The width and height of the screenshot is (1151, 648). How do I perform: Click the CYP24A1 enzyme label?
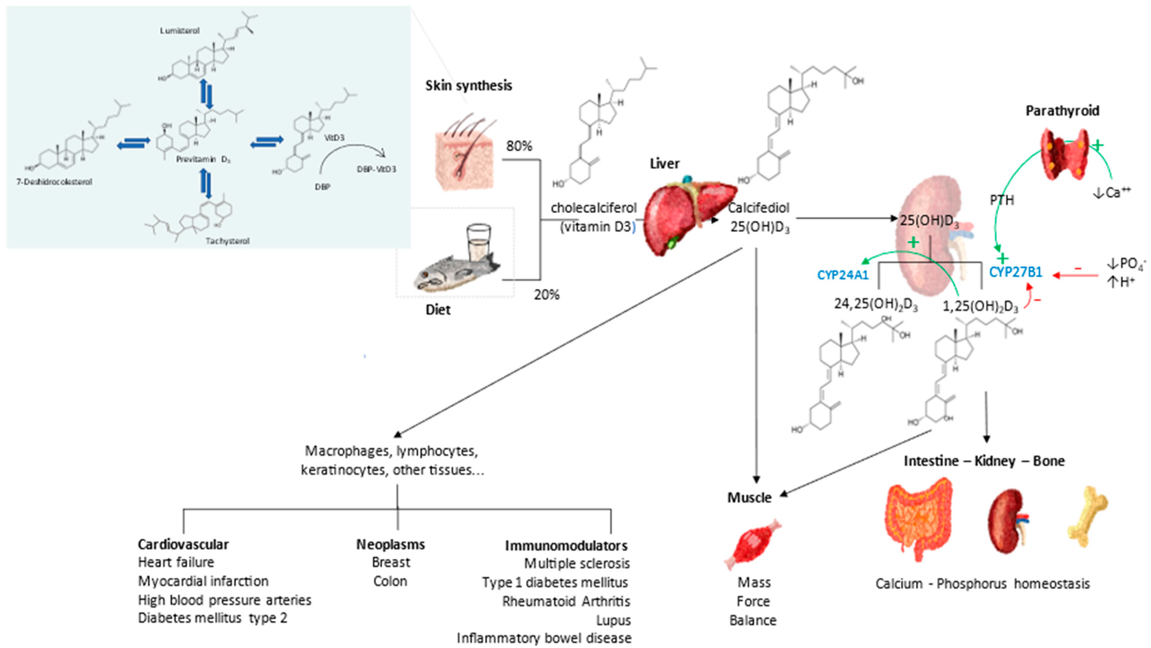[843, 275]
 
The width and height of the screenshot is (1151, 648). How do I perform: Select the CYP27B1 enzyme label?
[1015, 272]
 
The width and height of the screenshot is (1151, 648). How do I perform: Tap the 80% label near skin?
[519, 146]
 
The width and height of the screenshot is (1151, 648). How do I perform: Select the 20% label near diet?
[546, 294]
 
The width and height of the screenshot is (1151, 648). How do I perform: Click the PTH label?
[1002, 200]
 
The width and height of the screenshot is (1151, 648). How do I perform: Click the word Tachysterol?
[227, 241]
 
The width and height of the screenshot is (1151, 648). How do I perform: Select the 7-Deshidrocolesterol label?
[54, 182]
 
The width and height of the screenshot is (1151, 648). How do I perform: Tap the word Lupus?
[613, 620]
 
